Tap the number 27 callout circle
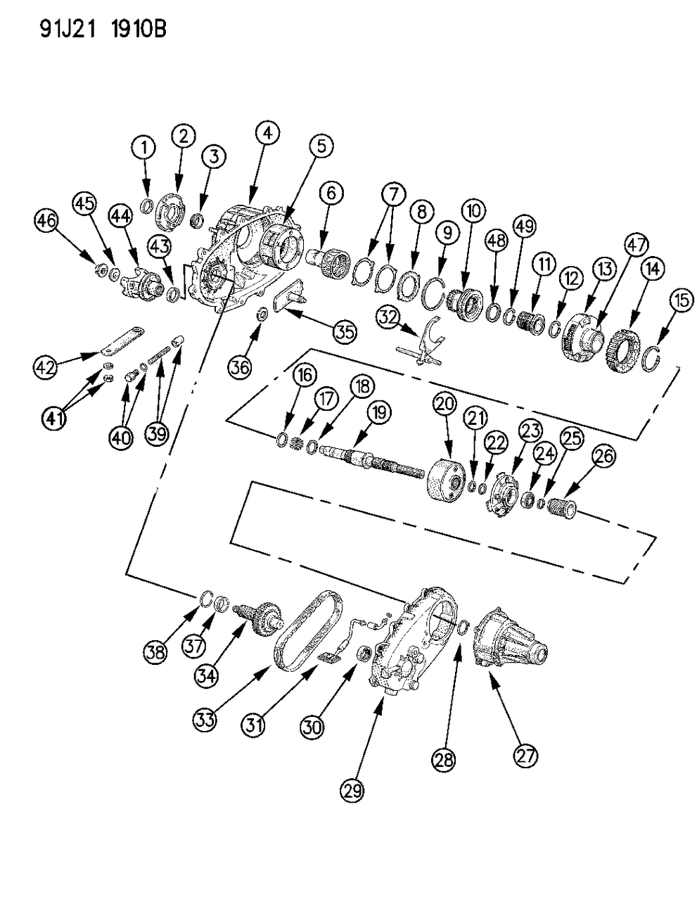tap(525, 756)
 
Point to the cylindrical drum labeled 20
tap(446, 478)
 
